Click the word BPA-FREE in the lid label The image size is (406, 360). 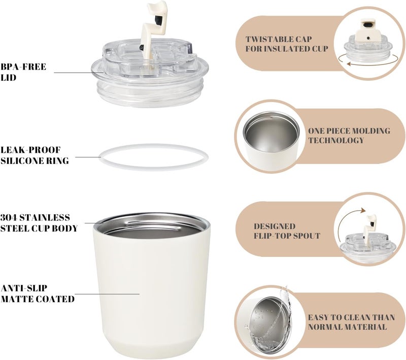click(23, 67)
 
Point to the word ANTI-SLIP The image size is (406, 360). click(24, 288)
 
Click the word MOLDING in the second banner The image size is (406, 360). click(370, 131)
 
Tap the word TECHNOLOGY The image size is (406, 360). click(336, 140)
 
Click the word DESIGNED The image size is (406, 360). click(275, 226)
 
